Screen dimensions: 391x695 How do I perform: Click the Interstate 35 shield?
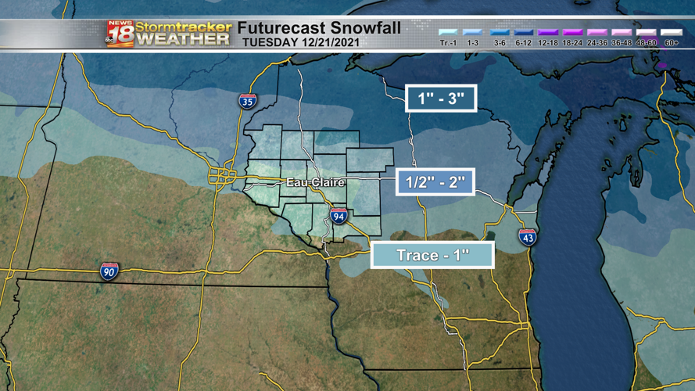247,100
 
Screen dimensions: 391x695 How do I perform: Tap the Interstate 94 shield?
338,217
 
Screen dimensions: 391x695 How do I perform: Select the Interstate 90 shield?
109,271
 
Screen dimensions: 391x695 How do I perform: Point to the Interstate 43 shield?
528,237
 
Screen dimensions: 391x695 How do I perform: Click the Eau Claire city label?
315,182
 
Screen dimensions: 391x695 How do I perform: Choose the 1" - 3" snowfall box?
441,99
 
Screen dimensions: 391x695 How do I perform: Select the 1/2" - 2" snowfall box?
435,182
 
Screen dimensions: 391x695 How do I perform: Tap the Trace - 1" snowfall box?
432,256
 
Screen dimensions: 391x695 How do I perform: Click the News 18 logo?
120,34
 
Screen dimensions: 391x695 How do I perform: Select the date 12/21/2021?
330,42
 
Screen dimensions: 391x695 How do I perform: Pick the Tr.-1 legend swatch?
448,34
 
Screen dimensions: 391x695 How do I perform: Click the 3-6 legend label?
500,43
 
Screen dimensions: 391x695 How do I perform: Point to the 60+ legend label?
671,43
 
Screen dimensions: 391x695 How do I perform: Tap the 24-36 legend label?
597,43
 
